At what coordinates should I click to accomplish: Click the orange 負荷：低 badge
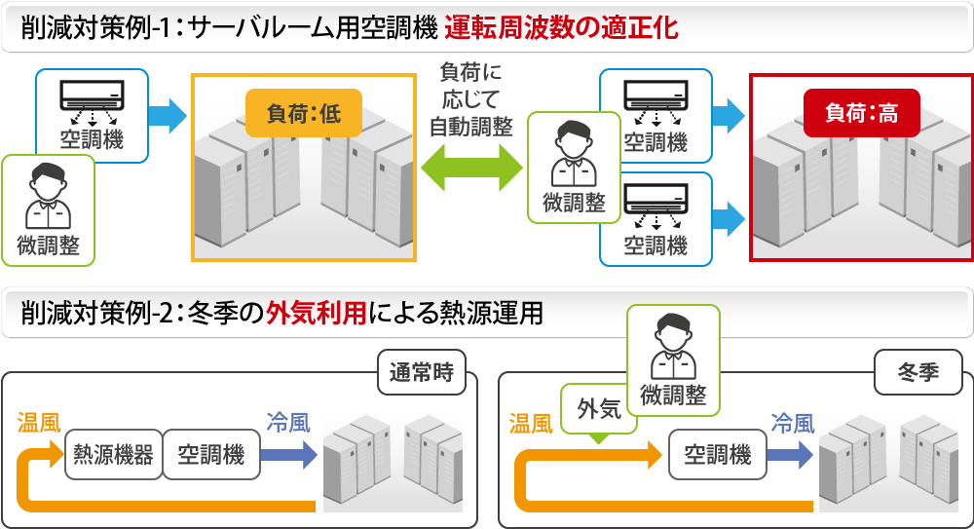click(303, 113)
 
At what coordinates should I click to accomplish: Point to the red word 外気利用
click(317, 314)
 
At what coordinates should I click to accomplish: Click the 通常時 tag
click(421, 374)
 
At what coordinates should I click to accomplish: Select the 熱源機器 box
click(115, 454)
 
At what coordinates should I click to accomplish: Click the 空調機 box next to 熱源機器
click(210, 454)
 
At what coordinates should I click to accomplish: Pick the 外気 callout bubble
click(599, 409)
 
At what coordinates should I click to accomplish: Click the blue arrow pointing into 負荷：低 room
click(168, 115)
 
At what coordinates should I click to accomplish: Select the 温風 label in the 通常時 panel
click(39, 423)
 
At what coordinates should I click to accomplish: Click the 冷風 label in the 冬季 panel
click(792, 423)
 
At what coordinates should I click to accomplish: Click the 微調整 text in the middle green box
click(574, 203)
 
